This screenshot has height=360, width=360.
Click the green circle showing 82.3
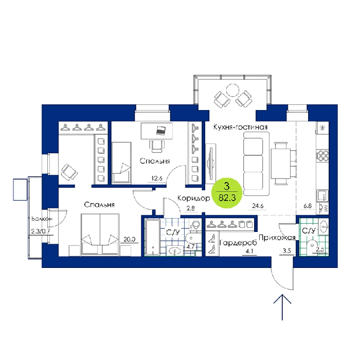(227, 193)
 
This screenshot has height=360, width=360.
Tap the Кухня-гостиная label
(240, 127)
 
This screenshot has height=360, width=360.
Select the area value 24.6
(258, 206)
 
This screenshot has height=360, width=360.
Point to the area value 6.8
(308, 206)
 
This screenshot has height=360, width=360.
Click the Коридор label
(194, 198)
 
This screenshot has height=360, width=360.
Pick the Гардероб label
(238, 242)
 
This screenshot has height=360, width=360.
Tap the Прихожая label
(277, 238)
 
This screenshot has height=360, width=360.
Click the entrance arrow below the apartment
(282, 307)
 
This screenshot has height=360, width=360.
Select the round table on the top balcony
(232, 90)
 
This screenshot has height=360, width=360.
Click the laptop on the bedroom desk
(161, 131)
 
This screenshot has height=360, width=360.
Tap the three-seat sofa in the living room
(256, 164)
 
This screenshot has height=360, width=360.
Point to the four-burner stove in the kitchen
(322, 155)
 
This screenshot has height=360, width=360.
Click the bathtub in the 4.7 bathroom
(152, 237)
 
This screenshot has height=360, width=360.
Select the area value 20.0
(129, 239)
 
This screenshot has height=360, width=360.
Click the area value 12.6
(157, 178)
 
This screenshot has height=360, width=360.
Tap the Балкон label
(42, 219)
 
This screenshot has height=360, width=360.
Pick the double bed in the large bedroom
(100, 234)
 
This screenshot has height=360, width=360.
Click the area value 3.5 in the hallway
(287, 251)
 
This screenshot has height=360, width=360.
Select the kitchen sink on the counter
(322, 196)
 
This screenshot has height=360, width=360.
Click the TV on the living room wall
(211, 164)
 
